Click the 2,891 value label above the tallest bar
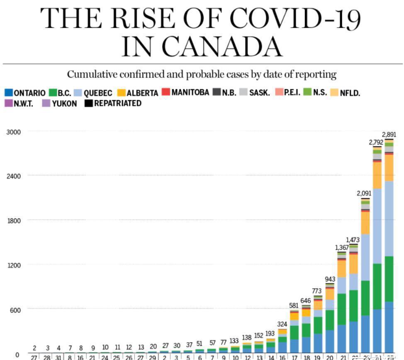[x=389, y=135]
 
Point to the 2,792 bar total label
[x=377, y=142]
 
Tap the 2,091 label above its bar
[x=365, y=193]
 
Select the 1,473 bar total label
[x=353, y=240]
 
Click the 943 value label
[x=330, y=279]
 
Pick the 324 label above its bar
[x=282, y=324]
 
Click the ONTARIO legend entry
[x=25, y=93]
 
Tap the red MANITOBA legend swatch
[x=166, y=92]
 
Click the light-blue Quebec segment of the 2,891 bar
[x=389, y=218]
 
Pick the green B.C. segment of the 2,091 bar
[x=365, y=298]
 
